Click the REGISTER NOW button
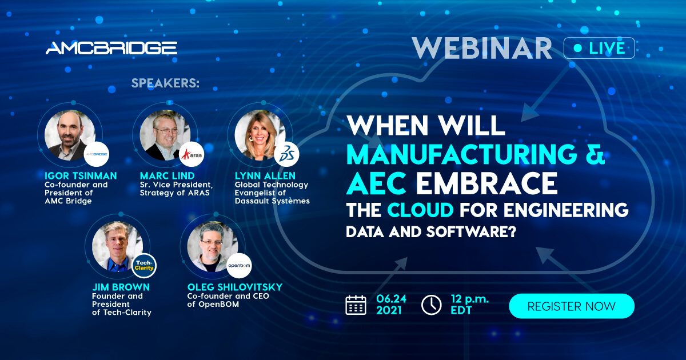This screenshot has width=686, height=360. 572,306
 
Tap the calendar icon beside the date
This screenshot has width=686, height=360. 356,305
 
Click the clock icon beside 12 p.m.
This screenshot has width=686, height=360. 431,305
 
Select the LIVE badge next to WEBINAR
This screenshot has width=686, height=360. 599,48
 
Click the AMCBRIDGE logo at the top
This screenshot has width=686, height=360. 111,48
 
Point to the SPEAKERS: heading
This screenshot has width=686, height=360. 165,83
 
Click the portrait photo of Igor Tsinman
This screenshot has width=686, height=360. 70,135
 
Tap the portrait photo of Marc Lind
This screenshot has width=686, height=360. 165,135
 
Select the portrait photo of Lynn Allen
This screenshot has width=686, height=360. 260,135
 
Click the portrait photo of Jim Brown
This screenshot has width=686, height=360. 118,247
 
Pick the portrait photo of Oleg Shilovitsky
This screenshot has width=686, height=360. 213,247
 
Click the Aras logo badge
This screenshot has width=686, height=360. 192,154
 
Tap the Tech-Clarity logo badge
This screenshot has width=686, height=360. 144,266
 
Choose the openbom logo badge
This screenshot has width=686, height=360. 239,266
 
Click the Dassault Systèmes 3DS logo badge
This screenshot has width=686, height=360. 286,154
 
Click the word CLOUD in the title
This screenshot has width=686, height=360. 421,210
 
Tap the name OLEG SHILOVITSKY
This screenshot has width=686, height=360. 235,287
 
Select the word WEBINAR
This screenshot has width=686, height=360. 482,48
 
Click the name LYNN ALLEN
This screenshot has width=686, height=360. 265,176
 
